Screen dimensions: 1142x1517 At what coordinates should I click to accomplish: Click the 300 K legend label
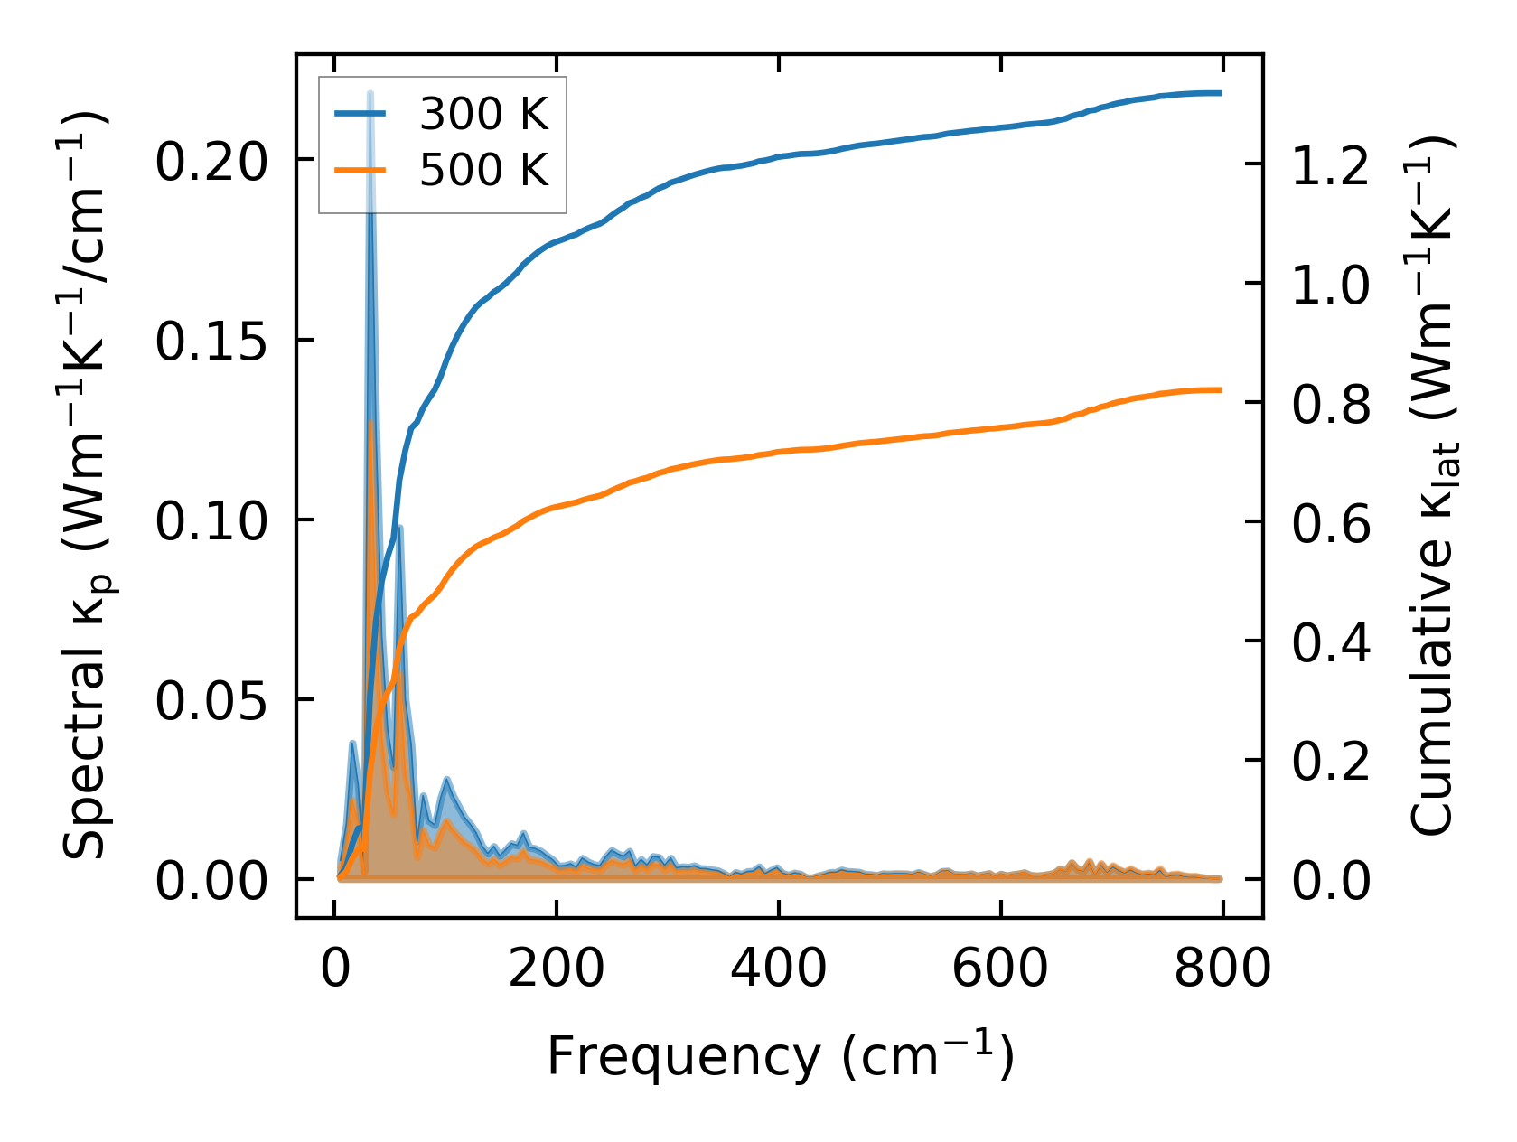tap(483, 114)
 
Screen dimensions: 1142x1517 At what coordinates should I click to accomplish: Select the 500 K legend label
tap(483, 170)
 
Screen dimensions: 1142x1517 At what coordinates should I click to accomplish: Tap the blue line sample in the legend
tap(361, 114)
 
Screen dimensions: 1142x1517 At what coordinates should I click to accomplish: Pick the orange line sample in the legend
tap(361, 170)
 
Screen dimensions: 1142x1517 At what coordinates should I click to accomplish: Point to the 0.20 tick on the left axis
tap(211, 163)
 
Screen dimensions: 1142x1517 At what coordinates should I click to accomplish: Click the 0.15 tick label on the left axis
tap(211, 342)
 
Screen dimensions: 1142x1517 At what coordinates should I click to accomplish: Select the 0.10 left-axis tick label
tap(211, 522)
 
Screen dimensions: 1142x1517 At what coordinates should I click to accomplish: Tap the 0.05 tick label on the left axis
tap(211, 702)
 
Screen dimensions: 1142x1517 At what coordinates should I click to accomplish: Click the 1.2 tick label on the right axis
tap(1331, 166)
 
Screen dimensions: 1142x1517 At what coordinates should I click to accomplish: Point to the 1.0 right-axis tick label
tap(1331, 285)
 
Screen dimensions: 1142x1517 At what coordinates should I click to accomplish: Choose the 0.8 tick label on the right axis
tap(1331, 405)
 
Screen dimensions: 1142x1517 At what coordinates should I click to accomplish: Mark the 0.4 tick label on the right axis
tap(1331, 643)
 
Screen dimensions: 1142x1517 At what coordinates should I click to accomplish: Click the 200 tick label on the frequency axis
tap(556, 969)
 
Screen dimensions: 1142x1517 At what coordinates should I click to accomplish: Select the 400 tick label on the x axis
tap(778, 969)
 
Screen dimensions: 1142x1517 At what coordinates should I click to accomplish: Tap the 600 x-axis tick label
tap(1000, 969)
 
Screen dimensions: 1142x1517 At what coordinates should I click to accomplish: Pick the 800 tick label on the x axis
tap(1222, 969)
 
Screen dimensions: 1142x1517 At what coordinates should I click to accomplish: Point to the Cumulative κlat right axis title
tap(1434, 486)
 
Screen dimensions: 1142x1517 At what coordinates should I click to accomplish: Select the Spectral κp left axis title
tap(85, 486)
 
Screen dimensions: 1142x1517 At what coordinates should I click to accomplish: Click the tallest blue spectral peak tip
tap(370, 93)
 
